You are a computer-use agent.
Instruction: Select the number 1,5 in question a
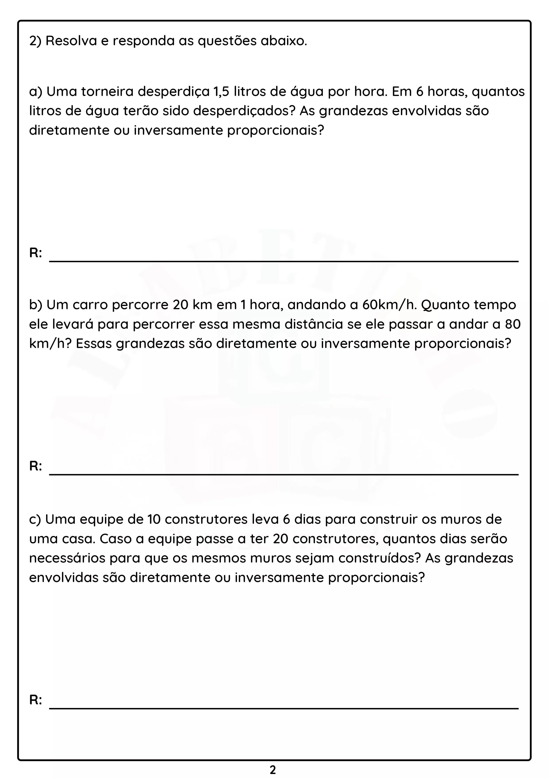coord(221,92)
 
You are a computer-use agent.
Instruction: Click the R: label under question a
coord(35,253)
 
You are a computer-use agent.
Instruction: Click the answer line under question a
coord(284,261)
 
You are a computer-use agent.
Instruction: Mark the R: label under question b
coord(35,466)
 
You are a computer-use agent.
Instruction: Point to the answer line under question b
coord(284,474)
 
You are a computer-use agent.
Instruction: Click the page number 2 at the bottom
coord(273,770)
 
